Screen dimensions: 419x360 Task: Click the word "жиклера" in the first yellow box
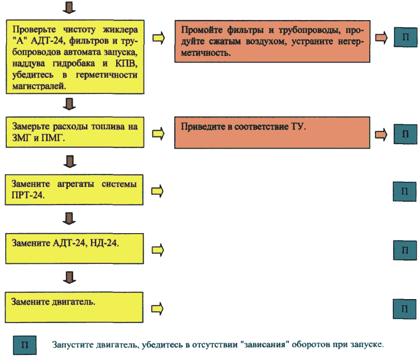pyautogui.click(x=120, y=30)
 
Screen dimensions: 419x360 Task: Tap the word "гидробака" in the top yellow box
pyautogui.click(x=74, y=64)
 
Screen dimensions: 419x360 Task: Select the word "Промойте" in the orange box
pyautogui.click(x=202, y=30)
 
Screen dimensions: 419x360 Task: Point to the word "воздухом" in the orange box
pyautogui.click(x=265, y=41)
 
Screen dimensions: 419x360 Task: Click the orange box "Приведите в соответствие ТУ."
pyautogui.click(x=272, y=132)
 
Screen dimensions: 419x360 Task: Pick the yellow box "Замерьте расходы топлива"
pyautogui.click(x=75, y=132)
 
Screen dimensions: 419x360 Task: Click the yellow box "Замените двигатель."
pyautogui.click(x=74, y=307)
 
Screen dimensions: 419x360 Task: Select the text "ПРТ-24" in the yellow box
pyautogui.click(x=28, y=195)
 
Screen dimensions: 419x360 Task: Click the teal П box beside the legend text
pyautogui.click(x=25, y=345)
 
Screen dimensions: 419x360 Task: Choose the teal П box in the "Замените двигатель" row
pyautogui.click(x=404, y=309)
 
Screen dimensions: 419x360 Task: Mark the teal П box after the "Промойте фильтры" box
pyautogui.click(x=406, y=37)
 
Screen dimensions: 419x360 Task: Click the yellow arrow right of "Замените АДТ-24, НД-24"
pyautogui.click(x=158, y=250)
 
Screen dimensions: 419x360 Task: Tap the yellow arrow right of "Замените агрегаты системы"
pyautogui.click(x=158, y=191)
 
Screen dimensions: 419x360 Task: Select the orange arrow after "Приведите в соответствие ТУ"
pyautogui.click(x=381, y=135)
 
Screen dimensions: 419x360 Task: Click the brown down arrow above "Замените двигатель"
pyautogui.click(x=69, y=277)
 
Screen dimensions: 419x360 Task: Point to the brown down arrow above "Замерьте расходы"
pyautogui.click(x=69, y=104)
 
